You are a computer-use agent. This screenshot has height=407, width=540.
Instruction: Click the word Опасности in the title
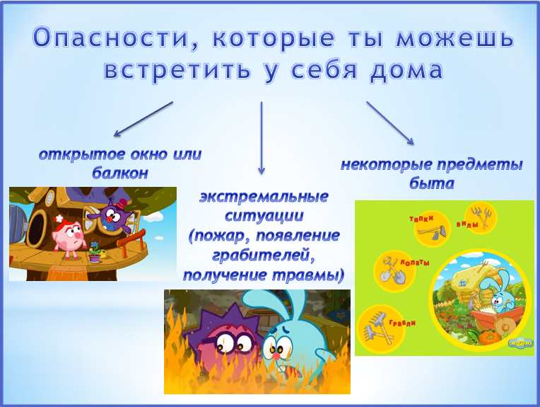(x=110, y=38)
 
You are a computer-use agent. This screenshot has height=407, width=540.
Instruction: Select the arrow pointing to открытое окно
(x=143, y=119)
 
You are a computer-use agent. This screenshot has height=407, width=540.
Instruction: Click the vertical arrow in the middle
(x=262, y=138)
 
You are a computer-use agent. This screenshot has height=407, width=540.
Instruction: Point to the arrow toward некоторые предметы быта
(x=390, y=122)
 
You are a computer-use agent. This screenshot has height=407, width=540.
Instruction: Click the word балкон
(x=120, y=173)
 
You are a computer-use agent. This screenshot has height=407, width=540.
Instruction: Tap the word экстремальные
(x=264, y=197)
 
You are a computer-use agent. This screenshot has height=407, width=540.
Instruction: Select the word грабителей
(x=264, y=256)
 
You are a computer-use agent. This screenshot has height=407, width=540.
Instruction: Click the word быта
(x=432, y=183)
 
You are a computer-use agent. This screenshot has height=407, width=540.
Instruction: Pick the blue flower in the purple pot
(x=95, y=245)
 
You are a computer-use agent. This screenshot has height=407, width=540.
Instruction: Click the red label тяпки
(x=421, y=218)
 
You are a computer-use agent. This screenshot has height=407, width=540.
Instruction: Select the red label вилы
(x=467, y=224)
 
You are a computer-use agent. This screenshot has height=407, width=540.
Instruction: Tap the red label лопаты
(x=415, y=263)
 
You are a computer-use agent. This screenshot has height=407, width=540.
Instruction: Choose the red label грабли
(x=402, y=323)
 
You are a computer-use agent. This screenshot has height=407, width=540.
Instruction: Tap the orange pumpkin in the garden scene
(x=491, y=338)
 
